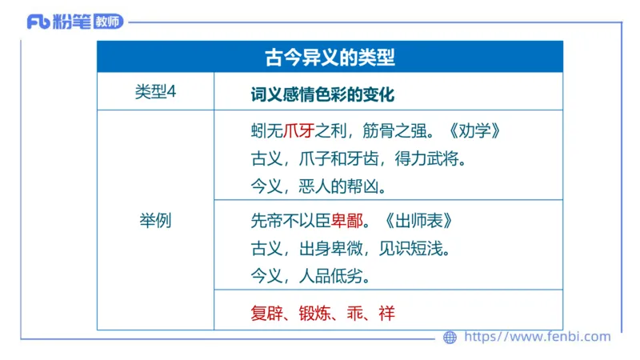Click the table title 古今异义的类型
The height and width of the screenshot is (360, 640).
pyautogui.click(x=330, y=58)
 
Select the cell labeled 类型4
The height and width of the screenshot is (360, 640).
pyautogui.click(x=155, y=92)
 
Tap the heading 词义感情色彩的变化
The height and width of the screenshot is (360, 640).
pyautogui.click(x=322, y=93)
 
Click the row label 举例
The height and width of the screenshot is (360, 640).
pyautogui.click(x=155, y=220)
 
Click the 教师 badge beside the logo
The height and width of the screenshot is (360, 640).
pyautogui.click(x=106, y=22)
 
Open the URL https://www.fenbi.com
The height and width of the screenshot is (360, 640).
pyautogui.click(x=537, y=337)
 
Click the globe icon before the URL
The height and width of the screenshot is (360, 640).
pyautogui.click(x=450, y=337)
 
